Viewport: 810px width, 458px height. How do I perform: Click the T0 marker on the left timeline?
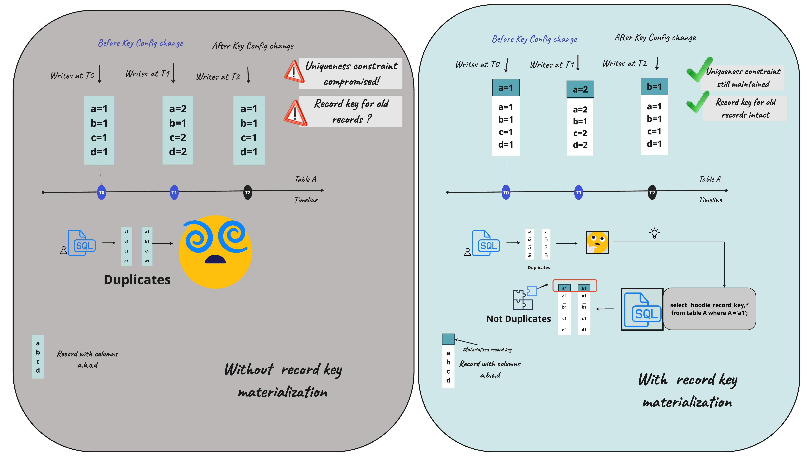coord(101,193)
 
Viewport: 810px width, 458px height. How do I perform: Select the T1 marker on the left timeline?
coord(174,193)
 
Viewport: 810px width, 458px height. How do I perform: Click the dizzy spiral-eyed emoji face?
coord(215,252)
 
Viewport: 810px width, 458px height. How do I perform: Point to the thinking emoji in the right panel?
coord(597,242)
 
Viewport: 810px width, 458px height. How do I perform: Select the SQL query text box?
coord(709,309)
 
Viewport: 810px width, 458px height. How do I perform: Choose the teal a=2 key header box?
coord(580,89)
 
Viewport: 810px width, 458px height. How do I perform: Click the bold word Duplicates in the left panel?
coord(137,280)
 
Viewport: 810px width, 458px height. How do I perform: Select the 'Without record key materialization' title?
coord(283,381)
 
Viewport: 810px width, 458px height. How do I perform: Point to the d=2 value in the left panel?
coord(178,152)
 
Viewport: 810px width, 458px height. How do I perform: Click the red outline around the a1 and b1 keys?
coord(575,280)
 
